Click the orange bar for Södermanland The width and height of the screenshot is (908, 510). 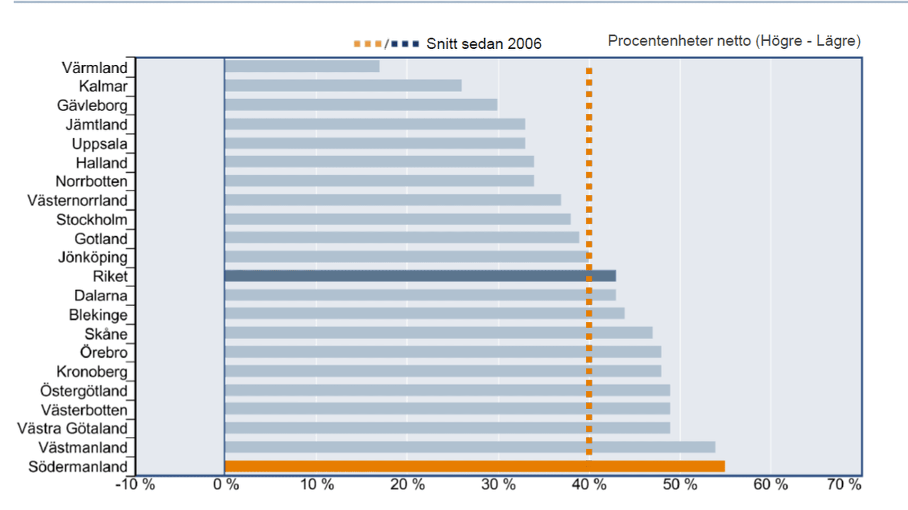click(474, 467)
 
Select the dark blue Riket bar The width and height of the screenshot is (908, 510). click(420, 276)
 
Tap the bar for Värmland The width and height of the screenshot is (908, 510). click(302, 67)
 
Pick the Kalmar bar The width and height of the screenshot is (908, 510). click(343, 86)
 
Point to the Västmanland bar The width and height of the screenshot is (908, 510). click(470, 447)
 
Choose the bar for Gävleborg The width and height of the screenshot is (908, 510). click(361, 105)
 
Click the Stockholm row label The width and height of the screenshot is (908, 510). click(92, 220)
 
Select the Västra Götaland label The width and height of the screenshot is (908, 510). click(72, 428)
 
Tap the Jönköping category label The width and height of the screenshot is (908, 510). click(93, 258)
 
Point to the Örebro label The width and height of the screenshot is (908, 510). click(104, 353)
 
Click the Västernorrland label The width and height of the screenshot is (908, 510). click(77, 200)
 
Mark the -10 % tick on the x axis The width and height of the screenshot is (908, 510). click(135, 484)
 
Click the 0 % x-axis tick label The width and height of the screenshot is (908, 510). click(226, 484)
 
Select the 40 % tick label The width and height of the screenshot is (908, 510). click(589, 484)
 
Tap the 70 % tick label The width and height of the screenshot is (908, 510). click(844, 484)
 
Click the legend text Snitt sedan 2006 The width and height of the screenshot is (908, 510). click(484, 44)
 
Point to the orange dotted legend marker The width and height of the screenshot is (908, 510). click(367, 44)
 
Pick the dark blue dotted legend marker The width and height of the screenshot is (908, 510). click(405, 44)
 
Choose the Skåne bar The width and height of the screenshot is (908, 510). click(438, 333)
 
